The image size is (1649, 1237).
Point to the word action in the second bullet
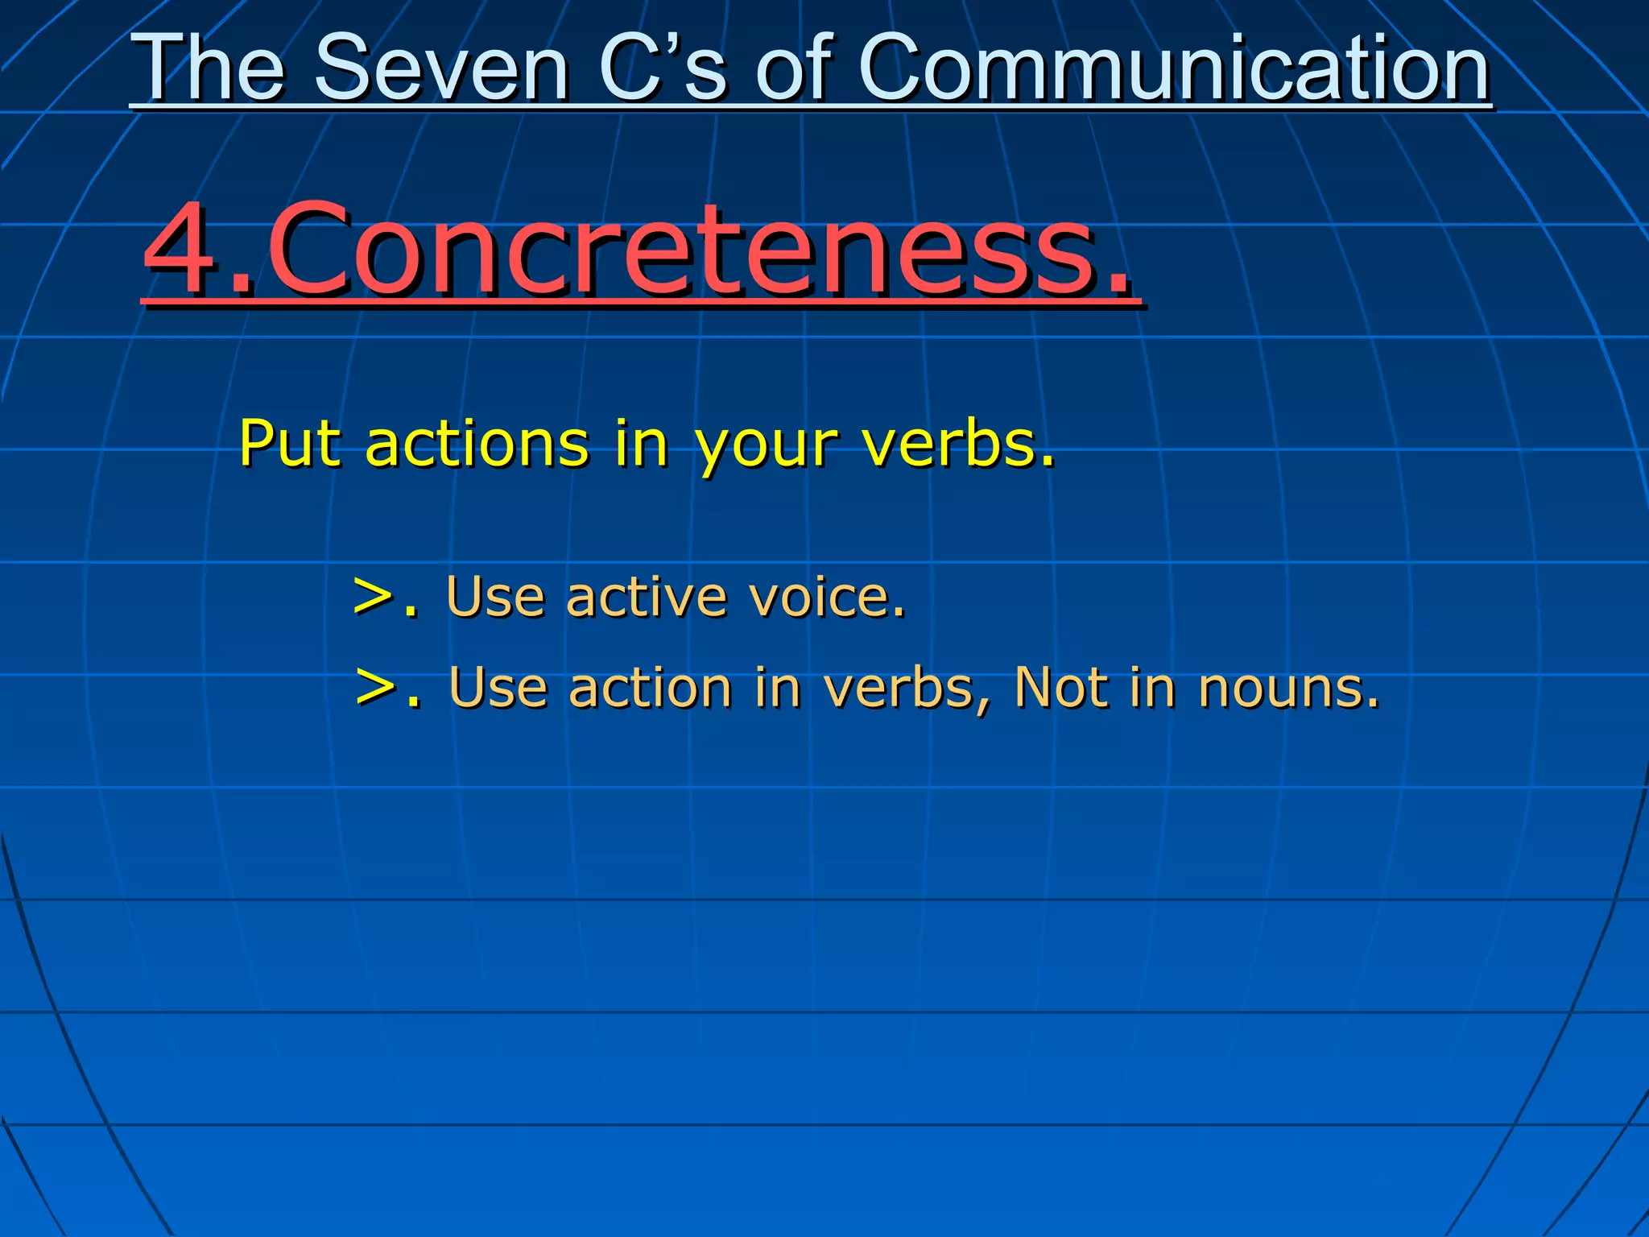(x=651, y=689)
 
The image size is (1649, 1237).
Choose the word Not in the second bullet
(x=1062, y=689)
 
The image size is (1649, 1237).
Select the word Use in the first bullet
(x=495, y=598)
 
